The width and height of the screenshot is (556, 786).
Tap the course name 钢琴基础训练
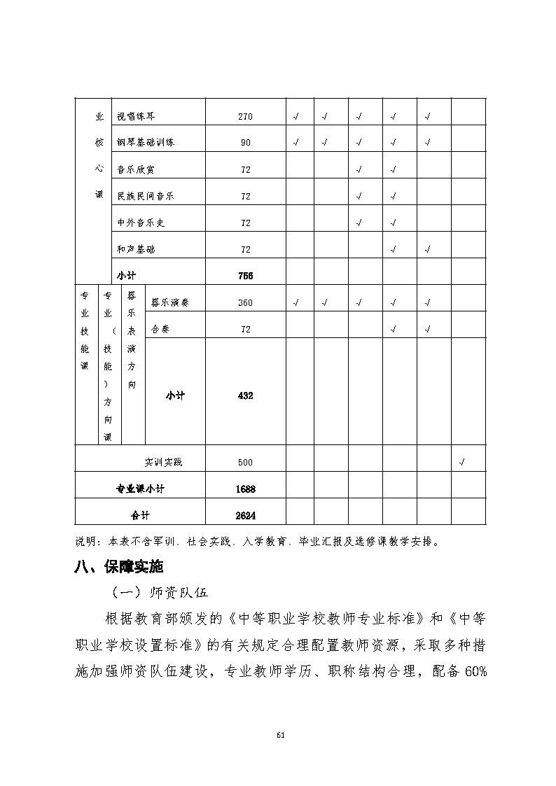(x=146, y=143)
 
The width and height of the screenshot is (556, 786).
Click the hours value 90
(x=245, y=143)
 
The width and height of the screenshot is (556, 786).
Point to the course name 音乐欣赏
(x=134, y=169)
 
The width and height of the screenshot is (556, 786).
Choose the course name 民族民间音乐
(x=146, y=197)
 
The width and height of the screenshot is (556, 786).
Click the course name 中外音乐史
(x=140, y=223)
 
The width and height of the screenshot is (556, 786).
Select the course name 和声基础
(x=134, y=250)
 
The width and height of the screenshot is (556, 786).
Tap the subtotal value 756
(x=245, y=276)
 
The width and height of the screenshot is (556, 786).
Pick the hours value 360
(x=245, y=303)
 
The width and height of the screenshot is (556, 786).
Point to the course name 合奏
(x=160, y=329)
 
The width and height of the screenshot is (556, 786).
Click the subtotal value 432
(x=245, y=396)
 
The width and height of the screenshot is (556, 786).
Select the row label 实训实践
(x=164, y=463)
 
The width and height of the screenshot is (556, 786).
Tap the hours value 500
(x=245, y=463)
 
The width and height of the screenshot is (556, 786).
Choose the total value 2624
(x=246, y=516)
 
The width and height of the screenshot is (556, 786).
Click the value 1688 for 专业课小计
(x=246, y=489)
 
